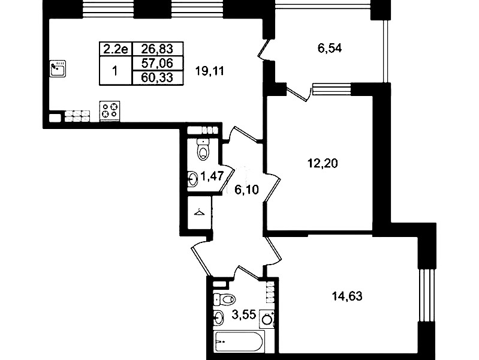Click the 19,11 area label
click(210, 71)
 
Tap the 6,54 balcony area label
click(330, 49)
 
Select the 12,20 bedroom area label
click(323, 163)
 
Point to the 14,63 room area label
click(347, 296)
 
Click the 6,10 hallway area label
click(246, 190)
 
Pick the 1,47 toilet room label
click(212, 176)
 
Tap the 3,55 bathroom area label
click(244, 314)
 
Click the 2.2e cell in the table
click(116, 49)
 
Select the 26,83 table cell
click(158, 49)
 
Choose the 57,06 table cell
click(158, 64)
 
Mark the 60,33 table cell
click(158, 77)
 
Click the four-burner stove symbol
click(110, 110)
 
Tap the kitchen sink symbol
click(58, 68)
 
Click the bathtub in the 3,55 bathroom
click(239, 341)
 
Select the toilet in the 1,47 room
click(203, 149)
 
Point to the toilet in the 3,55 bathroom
click(224, 299)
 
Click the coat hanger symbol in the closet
click(199, 212)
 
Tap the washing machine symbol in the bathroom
click(267, 319)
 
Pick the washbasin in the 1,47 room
click(193, 179)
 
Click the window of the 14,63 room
click(427, 295)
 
